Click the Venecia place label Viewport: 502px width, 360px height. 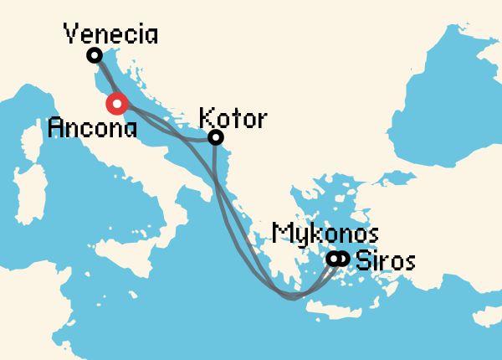tap(110, 35)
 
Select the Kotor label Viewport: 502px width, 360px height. tap(235, 118)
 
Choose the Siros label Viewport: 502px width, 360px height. tap(385, 260)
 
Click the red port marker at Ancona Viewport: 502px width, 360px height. tap(116, 104)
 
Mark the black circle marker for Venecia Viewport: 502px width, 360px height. tap(95, 55)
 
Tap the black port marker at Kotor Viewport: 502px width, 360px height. tap(215, 137)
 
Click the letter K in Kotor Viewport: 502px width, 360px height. tap(207, 118)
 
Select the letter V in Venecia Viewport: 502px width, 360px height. tap(73, 35)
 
